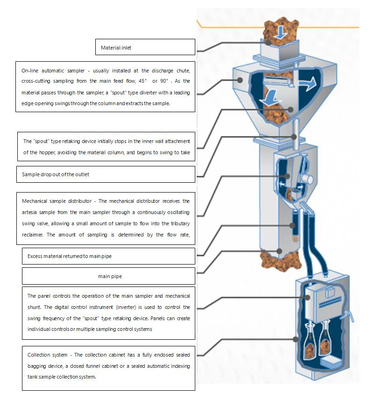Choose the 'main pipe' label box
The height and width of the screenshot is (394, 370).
click(x=108, y=276)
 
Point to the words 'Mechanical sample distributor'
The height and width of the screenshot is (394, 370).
click(x=55, y=201)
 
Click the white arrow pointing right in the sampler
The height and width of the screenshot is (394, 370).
click(x=307, y=83)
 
